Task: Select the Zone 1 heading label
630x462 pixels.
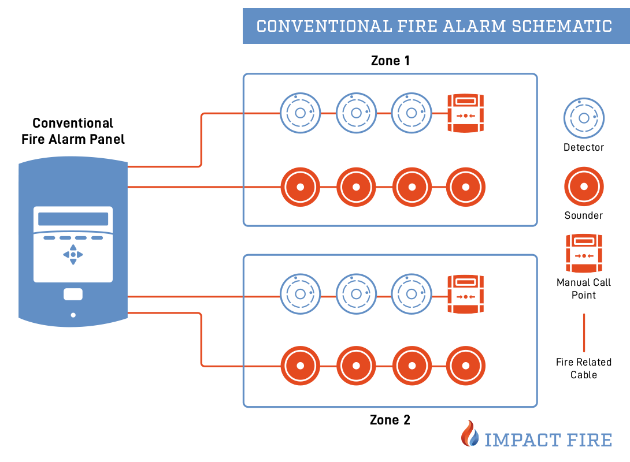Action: (390, 61)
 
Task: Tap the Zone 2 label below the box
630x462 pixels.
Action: (390, 420)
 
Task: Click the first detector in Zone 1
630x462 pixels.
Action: (300, 113)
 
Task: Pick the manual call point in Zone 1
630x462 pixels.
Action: (465, 113)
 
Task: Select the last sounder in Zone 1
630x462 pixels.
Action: (466, 187)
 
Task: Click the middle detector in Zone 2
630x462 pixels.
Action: (355, 293)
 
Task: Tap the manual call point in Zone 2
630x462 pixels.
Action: (465, 295)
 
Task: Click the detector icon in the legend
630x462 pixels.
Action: (584, 118)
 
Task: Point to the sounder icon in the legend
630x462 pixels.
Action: (584, 187)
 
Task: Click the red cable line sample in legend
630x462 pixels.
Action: (584, 333)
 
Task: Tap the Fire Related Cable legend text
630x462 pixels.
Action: (584, 368)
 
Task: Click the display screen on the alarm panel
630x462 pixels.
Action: (73, 219)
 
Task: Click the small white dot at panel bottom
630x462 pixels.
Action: (73, 315)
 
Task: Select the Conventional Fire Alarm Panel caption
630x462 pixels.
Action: (73, 131)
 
